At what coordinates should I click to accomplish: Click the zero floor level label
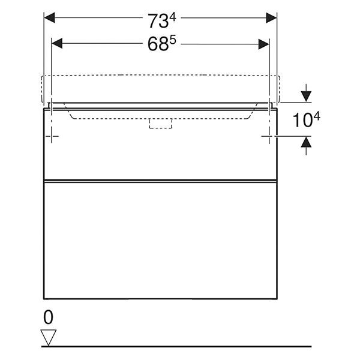point(48,317)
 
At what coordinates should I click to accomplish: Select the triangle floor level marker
point(49,337)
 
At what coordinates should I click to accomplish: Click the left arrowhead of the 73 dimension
point(49,17)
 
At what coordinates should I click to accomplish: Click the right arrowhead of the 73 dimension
point(271,17)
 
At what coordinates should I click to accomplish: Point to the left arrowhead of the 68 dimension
point(57,44)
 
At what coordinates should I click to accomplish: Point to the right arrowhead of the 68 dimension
point(263,44)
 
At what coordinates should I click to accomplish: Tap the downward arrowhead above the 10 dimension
point(306,97)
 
